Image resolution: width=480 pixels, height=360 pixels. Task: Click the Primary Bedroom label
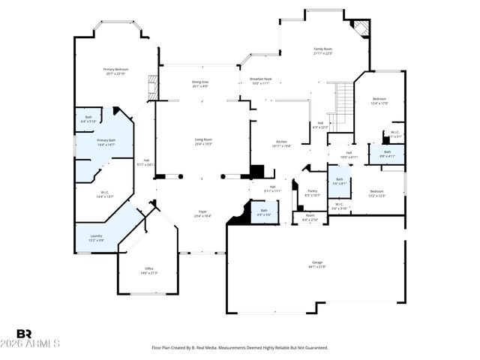click(x=115, y=69)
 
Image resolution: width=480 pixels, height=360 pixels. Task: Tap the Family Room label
click(x=322, y=49)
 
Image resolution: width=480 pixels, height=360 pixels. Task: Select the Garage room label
click(x=318, y=262)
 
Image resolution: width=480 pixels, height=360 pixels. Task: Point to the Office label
click(x=148, y=268)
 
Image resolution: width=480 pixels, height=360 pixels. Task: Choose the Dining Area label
click(x=200, y=82)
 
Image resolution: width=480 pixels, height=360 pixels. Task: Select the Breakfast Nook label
click(x=259, y=79)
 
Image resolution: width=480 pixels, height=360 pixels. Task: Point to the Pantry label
click(x=312, y=190)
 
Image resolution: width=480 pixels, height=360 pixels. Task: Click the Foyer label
click(x=202, y=211)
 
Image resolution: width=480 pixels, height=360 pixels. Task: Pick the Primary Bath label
click(x=106, y=140)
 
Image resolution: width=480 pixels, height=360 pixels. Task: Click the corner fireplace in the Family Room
click(x=361, y=28)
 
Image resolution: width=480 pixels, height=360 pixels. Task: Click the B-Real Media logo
click(x=25, y=334)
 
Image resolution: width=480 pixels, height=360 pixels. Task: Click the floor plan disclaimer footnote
click(x=240, y=348)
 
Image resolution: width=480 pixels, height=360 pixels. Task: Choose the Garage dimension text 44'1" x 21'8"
click(x=318, y=267)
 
